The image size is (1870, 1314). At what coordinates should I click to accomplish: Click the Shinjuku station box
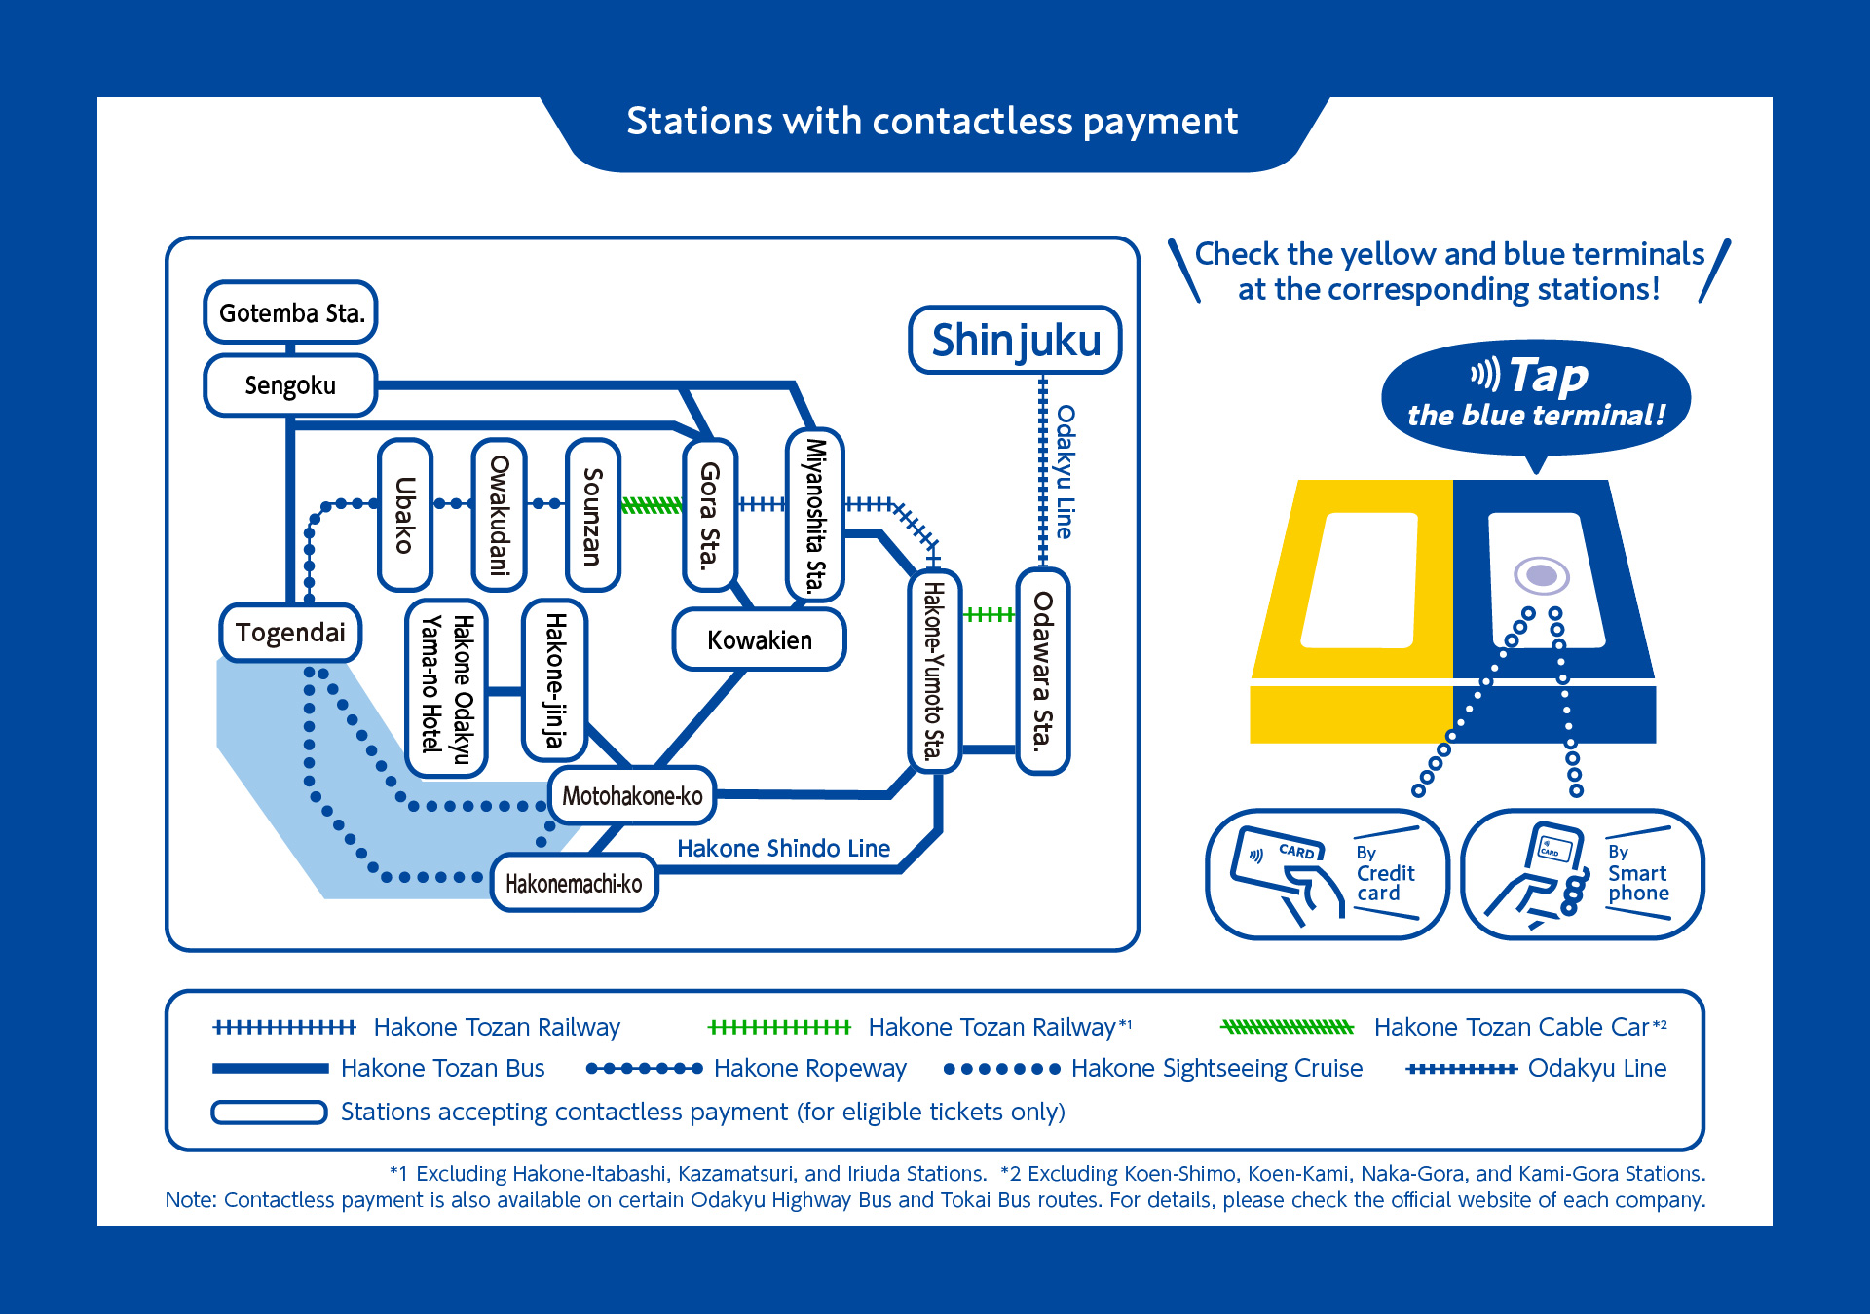coord(1015,341)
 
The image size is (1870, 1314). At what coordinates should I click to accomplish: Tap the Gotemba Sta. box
coord(290,312)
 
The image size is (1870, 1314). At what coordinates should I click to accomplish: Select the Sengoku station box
coord(290,385)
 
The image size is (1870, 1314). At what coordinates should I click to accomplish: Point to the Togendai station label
coord(290,633)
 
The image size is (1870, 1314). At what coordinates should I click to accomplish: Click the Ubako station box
coord(405,514)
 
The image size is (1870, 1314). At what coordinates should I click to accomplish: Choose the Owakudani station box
coord(499,514)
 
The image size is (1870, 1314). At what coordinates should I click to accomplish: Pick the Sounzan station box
coord(592,514)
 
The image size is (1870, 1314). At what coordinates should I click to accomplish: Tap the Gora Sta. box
coord(710,514)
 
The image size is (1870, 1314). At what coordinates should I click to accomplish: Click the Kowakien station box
coord(759,639)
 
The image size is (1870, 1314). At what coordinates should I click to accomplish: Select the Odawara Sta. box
coord(1043,671)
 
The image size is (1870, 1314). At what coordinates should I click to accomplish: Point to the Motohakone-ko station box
coord(632,795)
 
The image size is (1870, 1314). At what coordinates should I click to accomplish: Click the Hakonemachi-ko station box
coord(574,883)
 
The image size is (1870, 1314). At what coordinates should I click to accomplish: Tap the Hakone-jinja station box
coord(554,679)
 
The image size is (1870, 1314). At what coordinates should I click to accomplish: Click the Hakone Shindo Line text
coord(783,848)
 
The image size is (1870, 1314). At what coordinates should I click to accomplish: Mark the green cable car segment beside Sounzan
coord(652,504)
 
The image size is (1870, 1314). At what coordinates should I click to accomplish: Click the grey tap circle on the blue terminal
coord(1541,575)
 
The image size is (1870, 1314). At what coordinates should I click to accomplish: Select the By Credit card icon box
coord(1327,874)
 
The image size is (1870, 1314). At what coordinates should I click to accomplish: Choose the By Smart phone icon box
coord(1582,874)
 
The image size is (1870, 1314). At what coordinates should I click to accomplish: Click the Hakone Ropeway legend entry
coord(745,1068)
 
